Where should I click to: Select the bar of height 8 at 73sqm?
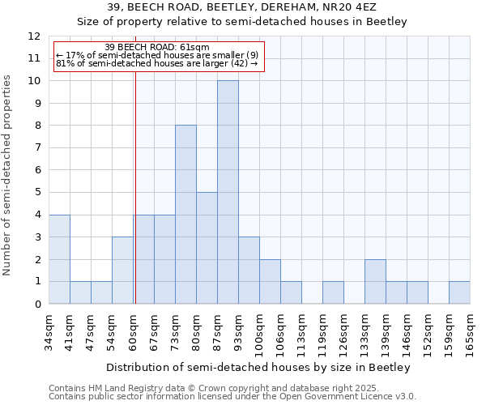click(x=185, y=215)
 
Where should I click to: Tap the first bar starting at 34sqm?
click(x=59, y=259)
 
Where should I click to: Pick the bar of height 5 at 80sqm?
click(x=207, y=248)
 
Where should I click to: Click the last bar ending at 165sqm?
click(x=459, y=292)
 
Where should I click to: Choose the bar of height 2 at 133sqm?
click(x=375, y=281)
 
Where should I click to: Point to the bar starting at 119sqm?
click(x=333, y=292)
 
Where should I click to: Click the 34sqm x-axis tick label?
click(x=49, y=332)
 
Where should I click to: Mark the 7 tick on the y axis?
click(x=37, y=147)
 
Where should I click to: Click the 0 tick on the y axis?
click(x=37, y=304)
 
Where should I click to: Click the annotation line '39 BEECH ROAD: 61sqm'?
click(x=158, y=47)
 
